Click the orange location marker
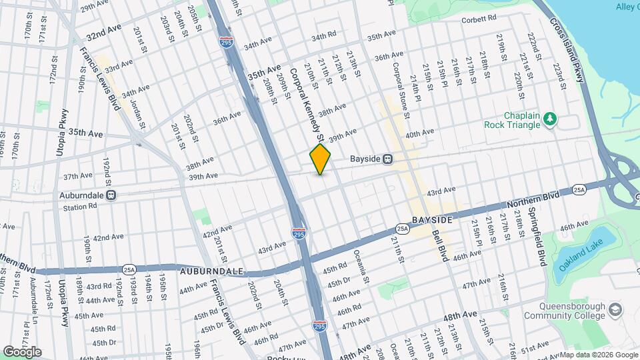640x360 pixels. click(x=321, y=159)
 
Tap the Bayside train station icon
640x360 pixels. click(x=387, y=159)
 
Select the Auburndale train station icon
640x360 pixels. click(x=111, y=195)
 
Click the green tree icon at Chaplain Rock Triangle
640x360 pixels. click(x=549, y=119)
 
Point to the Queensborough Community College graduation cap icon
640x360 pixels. click(x=614, y=310)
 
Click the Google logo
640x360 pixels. click(x=22, y=351)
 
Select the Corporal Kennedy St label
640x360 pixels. click(x=305, y=104)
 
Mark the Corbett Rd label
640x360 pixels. click(x=479, y=19)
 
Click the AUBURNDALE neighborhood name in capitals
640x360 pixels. click(x=208, y=273)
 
